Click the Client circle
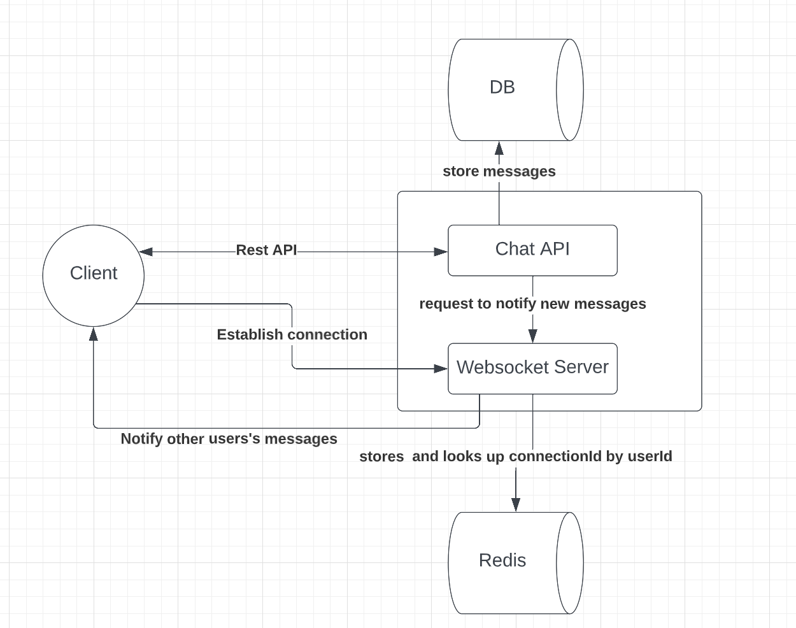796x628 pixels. point(94,275)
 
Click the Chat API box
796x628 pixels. point(532,250)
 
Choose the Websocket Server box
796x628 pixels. point(532,368)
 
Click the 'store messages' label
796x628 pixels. point(499,171)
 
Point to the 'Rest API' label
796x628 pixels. point(266,250)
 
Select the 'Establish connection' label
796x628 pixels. point(292,334)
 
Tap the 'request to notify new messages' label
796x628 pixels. point(532,304)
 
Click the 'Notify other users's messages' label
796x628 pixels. point(229,439)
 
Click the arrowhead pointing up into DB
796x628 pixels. point(499,148)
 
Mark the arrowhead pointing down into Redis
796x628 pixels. point(516,504)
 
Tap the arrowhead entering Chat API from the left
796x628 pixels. point(441,252)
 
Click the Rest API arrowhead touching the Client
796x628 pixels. point(146,252)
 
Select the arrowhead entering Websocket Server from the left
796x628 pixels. point(441,368)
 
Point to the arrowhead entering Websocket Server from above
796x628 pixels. point(533,336)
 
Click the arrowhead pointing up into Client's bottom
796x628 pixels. point(94,334)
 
